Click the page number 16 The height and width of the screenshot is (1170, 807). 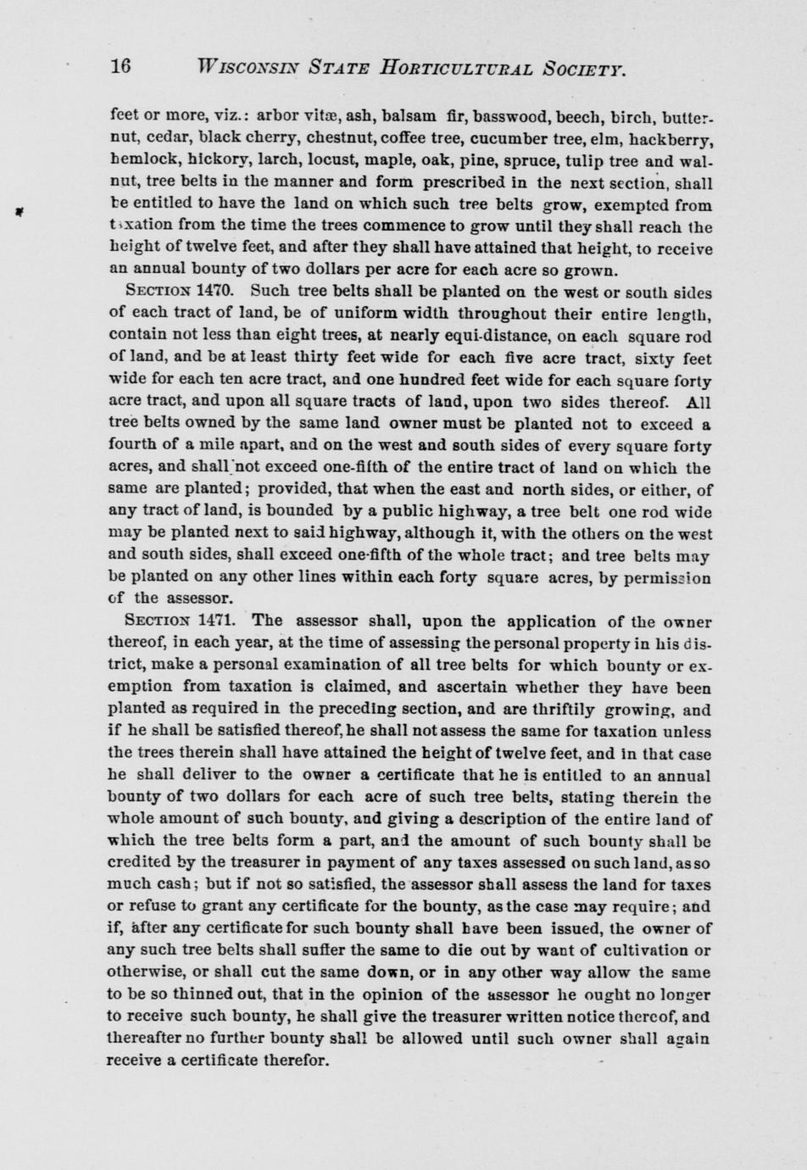click(120, 67)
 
